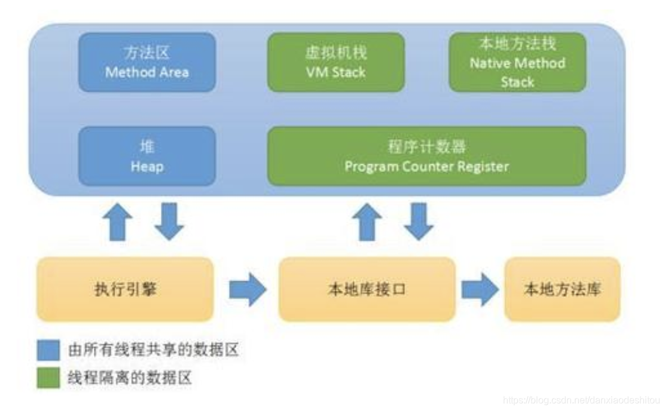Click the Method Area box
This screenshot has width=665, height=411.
tap(147, 63)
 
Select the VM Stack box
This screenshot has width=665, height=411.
tap(335, 63)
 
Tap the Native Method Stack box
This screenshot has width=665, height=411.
tap(517, 63)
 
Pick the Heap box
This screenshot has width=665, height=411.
tap(147, 156)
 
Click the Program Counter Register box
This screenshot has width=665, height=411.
tap(426, 156)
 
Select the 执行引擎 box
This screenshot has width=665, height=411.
tap(125, 290)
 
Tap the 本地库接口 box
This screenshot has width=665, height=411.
tap(367, 290)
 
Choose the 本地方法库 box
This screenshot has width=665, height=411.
tap(562, 290)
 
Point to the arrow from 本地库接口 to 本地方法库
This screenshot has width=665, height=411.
tap(480, 290)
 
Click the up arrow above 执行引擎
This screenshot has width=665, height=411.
tap(117, 221)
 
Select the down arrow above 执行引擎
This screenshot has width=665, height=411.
tap(169, 221)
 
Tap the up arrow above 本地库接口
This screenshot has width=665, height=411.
tap(367, 221)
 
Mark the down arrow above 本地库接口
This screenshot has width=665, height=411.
tap(419, 221)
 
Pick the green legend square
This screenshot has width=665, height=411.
tap(48, 378)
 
